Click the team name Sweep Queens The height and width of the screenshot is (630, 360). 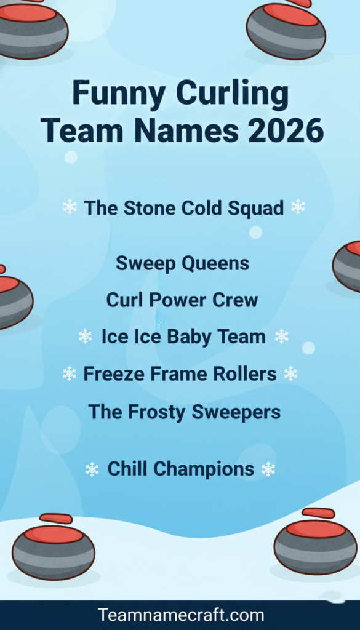[182, 263]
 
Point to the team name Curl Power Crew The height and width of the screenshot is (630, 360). [182, 300]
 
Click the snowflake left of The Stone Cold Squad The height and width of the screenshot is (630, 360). [70, 207]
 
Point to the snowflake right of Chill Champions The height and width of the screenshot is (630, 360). [268, 469]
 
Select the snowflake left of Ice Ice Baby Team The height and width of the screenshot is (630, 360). [85, 337]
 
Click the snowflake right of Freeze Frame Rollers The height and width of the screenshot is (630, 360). [290, 373]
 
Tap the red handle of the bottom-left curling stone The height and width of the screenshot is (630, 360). [55, 519]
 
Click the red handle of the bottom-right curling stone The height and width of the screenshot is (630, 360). [318, 512]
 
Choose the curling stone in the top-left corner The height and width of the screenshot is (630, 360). [31, 28]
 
